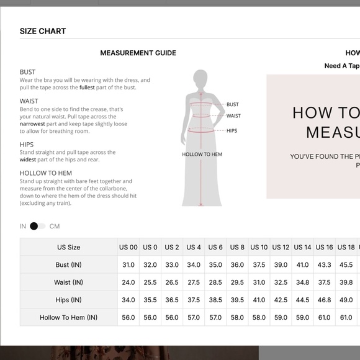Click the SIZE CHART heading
pyautogui.click(x=43, y=31)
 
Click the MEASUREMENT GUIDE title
pyautogui.click(x=138, y=53)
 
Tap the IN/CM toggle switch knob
pyautogui.click(x=34, y=226)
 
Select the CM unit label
pyautogui.click(x=55, y=227)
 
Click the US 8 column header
pyautogui.click(x=237, y=247)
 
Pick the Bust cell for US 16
pyautogui.click(x=324, y=264)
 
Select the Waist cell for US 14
pyautogui.click(x=302, y=282)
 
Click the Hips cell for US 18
pyautogui.click(x=346, y=300)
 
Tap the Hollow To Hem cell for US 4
pyautogui.click(x=194, y=317)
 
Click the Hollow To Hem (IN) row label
pyautogui.click(x=69, y=317)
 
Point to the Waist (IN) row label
pyautogui.click(x=69, y=282)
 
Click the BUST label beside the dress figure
pyautogui.click(x=233, y=104)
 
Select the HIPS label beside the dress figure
pyautogui.click(x=232, y=130)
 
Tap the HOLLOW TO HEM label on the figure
pyautogui.click(x=202, y=155)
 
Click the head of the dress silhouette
pyautogui.click(x=200, y=78)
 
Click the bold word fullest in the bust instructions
pyautogui.click(x=87, y=88)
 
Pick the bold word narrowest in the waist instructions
pyautogui.click(x=32, y=124)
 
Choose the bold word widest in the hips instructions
pyautogui.click(x=28, y=160)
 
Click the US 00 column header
pyautogui.click(x=128, y=247)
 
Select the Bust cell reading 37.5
pyautogui.click(x=259, y=264)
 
